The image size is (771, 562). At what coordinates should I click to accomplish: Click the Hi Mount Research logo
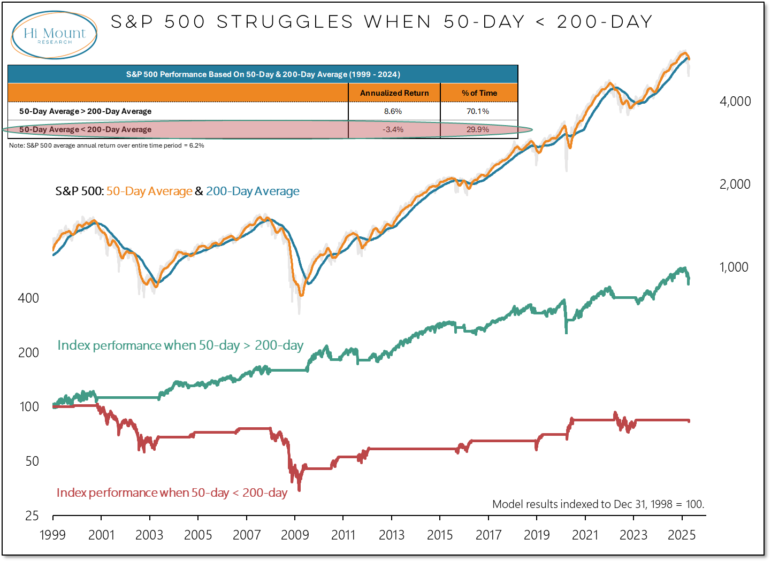(54, 35)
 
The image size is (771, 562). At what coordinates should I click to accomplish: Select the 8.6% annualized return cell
(393, 111)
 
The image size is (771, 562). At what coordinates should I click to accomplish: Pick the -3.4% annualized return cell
(393, 129)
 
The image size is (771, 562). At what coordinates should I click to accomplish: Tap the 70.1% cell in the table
(478, 111)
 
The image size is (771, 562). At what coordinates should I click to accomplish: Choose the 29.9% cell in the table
(478, 129)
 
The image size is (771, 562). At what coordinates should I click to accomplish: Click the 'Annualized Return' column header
(394, 93)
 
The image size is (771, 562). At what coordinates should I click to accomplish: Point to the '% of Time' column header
(479, 93)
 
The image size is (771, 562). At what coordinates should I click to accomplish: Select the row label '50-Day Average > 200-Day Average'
(86, 111)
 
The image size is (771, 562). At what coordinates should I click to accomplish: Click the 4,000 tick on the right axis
(735, 102)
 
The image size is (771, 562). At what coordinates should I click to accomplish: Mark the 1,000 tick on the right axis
(734, 267)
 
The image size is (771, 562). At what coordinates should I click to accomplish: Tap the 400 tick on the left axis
(28, 298)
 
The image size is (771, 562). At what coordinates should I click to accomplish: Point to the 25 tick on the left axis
(32, 516)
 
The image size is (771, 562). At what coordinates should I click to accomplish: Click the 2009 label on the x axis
(295, 535)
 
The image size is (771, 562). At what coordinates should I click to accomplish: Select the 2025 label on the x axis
(682, 535)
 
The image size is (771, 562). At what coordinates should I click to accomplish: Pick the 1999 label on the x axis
(52, 535)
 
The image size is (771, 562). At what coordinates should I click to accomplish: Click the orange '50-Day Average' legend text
(149, 191)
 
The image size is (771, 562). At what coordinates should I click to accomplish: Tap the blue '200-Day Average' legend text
(253, 191)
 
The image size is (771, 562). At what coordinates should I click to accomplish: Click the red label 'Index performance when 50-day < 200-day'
(172, 493)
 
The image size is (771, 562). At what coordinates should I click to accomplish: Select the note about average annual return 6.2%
(106, 145)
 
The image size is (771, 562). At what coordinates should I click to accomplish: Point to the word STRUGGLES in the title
(285, 22)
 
